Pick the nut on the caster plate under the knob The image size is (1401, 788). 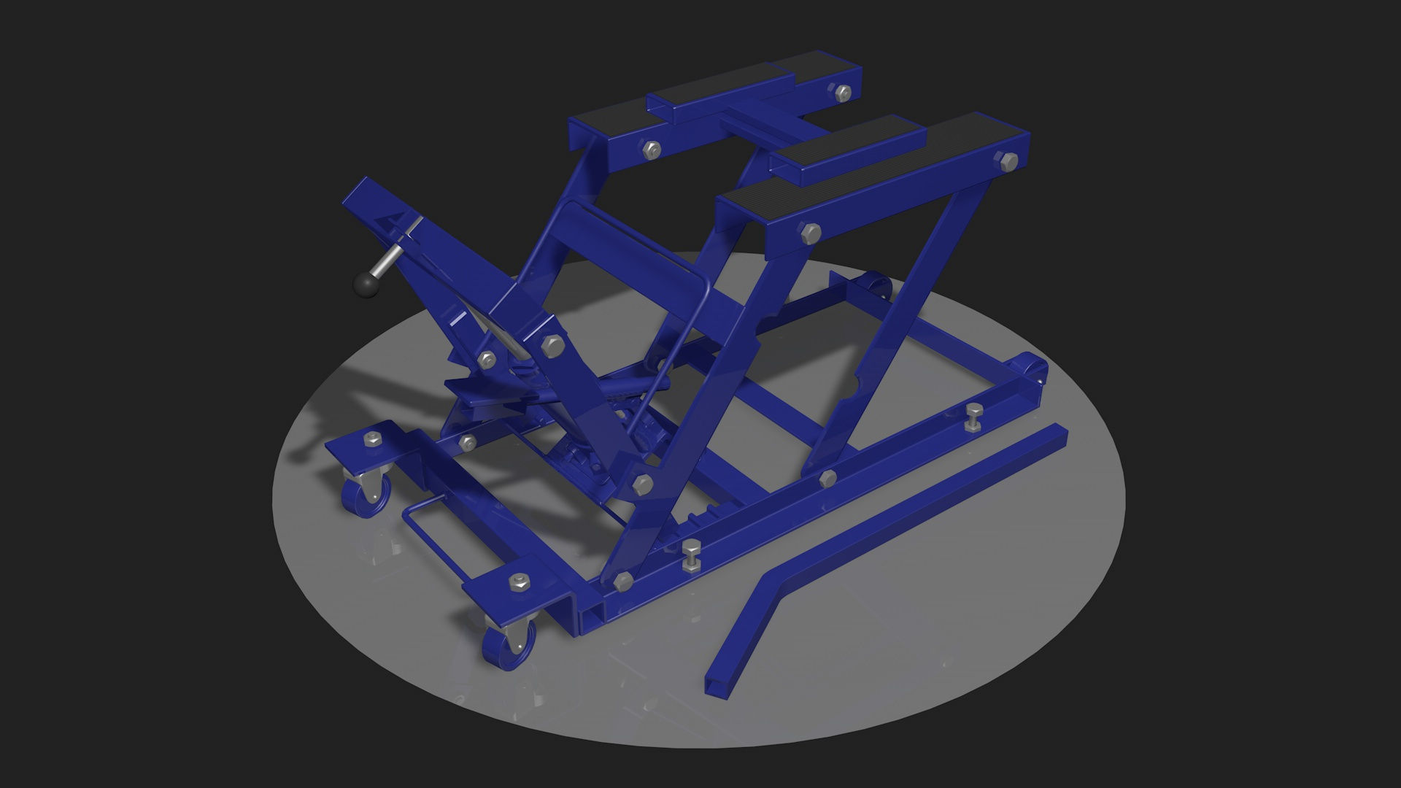pos(371,439)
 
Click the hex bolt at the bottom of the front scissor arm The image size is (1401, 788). pos(623,581)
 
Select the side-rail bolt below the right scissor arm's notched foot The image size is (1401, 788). pos(827,479)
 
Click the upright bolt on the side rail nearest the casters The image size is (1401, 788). pos(690,555)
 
